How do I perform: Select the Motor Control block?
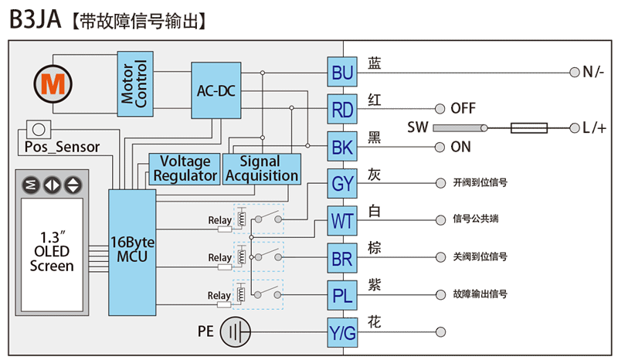tap(134, 85)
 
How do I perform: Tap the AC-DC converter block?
tap(216, 91)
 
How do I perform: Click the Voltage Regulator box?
tap(185, 168)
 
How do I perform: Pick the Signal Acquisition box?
tap(261, 168)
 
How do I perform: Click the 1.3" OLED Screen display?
tap(52, 252)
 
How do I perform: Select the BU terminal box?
tap(342, 73)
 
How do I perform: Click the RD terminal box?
tap(342, 109)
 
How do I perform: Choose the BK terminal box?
tap(342, 146)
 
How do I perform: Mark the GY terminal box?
tap(342, 183)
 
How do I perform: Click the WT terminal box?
tap(342, 220)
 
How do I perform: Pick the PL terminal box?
tap(342, 294)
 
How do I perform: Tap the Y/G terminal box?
tap(342, 332)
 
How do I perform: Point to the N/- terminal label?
tap(593, 73)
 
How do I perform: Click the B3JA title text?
tap(36, 20)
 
